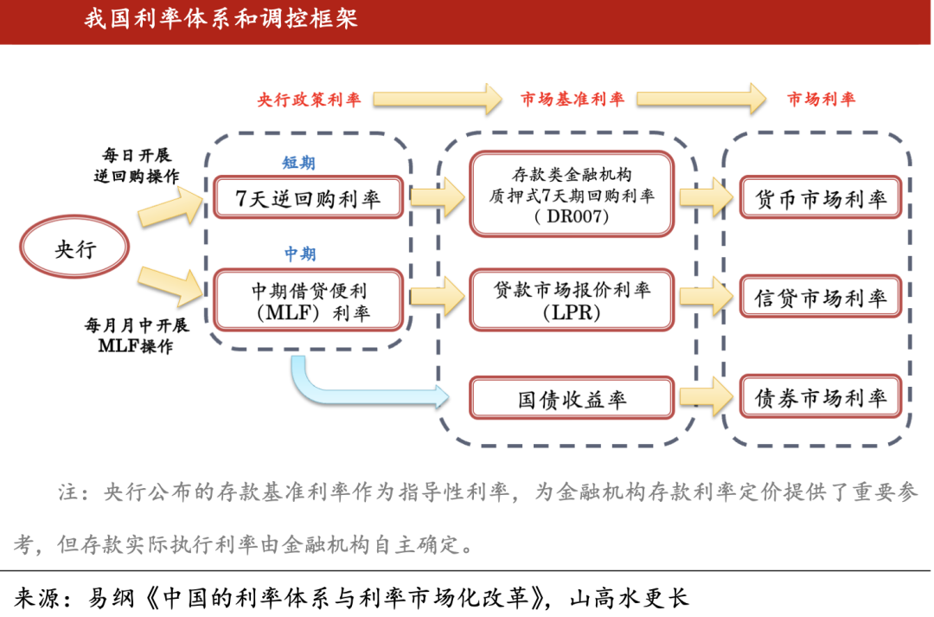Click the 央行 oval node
pos(74,247)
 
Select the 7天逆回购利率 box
pos(309,197)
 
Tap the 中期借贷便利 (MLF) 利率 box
pos(309,300)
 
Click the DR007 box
pos(572,195)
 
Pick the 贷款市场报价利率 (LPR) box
pos(572,300)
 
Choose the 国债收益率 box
pos(572,397)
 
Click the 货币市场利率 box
pos(821,197)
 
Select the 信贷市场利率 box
pos(821,296)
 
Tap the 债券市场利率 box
pos(821,396)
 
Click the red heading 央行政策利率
pos(309,99)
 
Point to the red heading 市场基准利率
pos(573,99)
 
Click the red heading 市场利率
pos(821,99)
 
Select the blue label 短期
pos(298,162)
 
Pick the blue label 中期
pos(299,254)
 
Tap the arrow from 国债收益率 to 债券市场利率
pos(707,396)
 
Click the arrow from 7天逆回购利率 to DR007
pos(438,196)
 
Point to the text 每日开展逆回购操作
pos(137,165)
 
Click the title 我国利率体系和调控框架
pos(221,18)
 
